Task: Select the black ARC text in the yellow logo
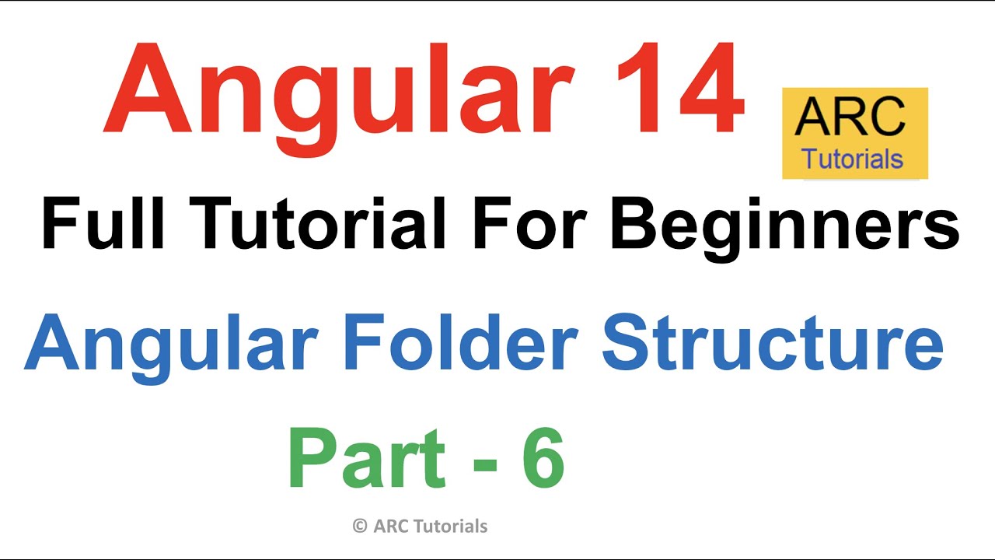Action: tap(850, 118)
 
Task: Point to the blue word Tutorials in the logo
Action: tap(853, 159)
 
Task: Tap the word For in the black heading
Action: tap(525, 225)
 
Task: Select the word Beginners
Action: tap(785, 225)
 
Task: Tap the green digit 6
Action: tap(541, 460)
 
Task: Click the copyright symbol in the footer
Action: tap(359, 527)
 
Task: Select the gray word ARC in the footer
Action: tap(390, 527)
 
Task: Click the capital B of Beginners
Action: tap(636, 225)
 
